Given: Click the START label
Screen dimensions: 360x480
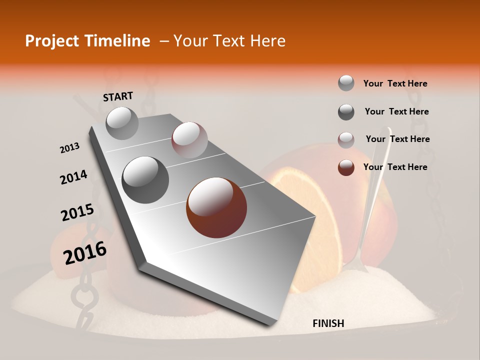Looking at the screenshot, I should [118, 96].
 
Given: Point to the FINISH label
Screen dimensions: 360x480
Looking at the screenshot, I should [328, 323].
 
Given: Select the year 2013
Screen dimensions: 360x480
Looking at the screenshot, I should [70, 147].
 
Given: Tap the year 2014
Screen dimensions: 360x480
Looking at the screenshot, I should [74, 177].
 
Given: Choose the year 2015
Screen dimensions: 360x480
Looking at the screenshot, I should [77, 212].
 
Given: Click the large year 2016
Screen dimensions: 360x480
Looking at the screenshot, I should [85, 252].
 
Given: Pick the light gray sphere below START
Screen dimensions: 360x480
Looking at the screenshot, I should [122, 123].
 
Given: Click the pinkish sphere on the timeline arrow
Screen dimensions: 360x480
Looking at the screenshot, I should [189, 140].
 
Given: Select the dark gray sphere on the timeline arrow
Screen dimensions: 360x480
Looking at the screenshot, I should [145, 179].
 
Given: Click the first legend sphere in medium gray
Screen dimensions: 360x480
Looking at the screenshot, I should [346, 83].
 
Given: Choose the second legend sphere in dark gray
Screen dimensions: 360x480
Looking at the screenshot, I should [346, 112].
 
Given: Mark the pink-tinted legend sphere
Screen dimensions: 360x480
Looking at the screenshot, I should [346, 140].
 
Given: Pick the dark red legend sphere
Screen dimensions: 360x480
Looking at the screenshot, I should [346, 168].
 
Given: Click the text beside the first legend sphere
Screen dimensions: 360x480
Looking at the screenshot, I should [395, 83].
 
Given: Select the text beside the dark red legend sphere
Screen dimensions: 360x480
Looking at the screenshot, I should [395, 167].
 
